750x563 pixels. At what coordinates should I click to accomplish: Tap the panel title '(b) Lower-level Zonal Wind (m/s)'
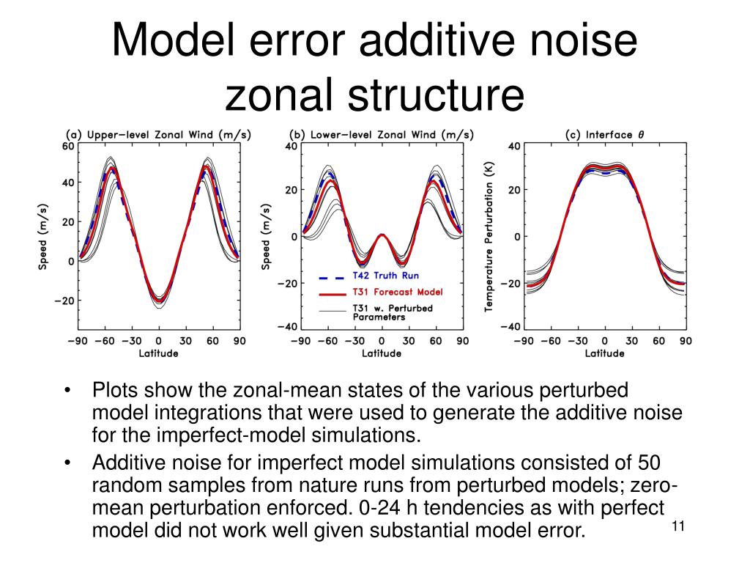pyautogui.click(x=382, y=134)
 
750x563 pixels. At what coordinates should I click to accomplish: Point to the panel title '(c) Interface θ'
pyautogui.click(x=604, y=134)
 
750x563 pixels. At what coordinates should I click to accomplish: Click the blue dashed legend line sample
pyautogui.click(x=332, y=277)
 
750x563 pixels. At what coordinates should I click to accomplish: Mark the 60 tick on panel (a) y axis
pyautogui.click(x=68, y=146)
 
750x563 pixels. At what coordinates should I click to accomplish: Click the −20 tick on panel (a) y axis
pyautogui.click(x=65, y=301)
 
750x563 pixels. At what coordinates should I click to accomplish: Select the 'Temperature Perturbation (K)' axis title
pyautogui.click(x=489, y=236)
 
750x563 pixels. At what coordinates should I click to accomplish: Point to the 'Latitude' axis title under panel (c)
pyautogui.click(x=604, y=353)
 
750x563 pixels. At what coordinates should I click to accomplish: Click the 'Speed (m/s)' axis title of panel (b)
pyautogui.click(x=266, y=236)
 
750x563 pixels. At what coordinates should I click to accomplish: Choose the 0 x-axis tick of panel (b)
pyautogui.click(x=382, y=341)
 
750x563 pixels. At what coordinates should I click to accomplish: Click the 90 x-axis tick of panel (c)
pyautogui.click(x=685, y=341)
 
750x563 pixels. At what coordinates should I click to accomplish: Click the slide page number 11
pyautogui.click(x=677, y=526)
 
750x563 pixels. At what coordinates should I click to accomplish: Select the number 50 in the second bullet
pyautogui.click(x=647, y=464)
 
